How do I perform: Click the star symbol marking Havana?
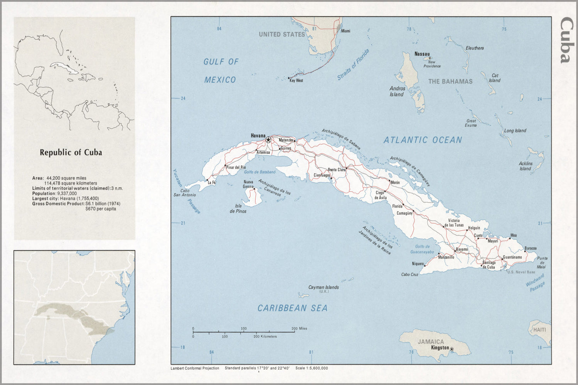tap(268, 140)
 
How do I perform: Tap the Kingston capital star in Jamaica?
tap(452, 350)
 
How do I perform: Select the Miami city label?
tap(345, 31)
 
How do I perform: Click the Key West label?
tap(296, 80)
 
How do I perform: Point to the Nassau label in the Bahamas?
tap(422, 54)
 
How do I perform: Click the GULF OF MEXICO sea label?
tap(221, 70)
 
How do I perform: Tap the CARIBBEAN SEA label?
tap(292, 308)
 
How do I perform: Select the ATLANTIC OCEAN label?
tap(423, 140)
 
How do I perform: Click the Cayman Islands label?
tap(324, 287)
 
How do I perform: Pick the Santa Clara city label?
tap(336, 169)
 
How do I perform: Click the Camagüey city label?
tap(404, 213)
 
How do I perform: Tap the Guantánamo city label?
tap(512, 257)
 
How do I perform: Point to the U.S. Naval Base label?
tap(521, 272)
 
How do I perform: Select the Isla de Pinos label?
tap(238, 209)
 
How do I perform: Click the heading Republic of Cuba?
tap(71, 152)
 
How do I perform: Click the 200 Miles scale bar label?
tap(299, 328)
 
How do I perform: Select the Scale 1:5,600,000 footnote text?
tap(312, 368)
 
